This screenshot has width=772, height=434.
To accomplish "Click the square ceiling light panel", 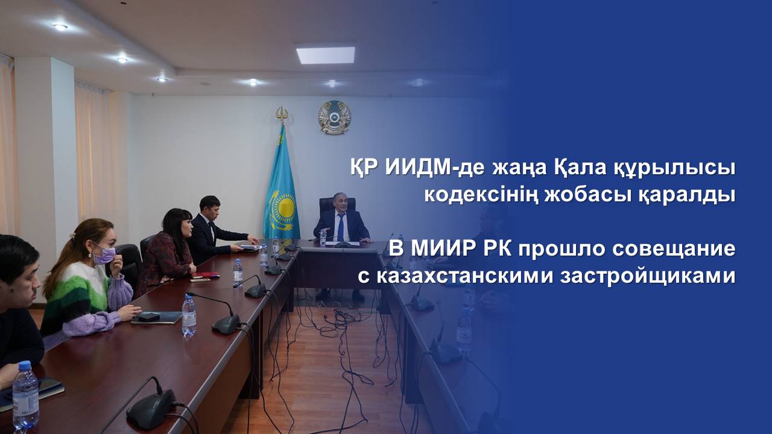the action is click(x=326, y=55).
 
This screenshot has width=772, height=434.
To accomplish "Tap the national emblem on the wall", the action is click(x=334, y=117).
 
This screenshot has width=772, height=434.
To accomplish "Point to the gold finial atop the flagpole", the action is click(x=282, y=116).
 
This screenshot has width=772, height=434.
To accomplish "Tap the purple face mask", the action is click(x=104, y=256).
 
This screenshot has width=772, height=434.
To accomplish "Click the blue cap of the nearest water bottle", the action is click(x=25, y=365).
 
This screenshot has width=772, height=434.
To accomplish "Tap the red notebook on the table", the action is click(x=206, y=275).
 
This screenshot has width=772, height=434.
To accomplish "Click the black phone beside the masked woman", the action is click(x=149, y=317).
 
